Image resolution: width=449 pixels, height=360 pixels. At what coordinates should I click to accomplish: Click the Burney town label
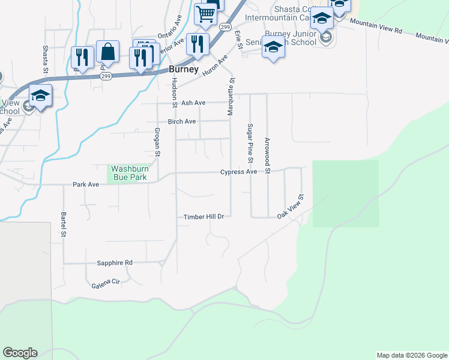point(183,69)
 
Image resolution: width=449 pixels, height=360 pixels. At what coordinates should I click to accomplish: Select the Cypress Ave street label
point(238,172)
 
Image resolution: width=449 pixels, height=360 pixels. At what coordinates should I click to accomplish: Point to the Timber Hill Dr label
point(203,217)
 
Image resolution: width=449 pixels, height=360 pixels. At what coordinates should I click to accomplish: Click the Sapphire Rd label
point(114,263)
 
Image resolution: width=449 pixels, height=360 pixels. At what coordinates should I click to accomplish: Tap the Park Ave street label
point(85,185)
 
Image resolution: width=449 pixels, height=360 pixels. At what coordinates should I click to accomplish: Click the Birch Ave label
point(182,121)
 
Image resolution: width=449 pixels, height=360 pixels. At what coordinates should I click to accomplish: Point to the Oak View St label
point(291,205)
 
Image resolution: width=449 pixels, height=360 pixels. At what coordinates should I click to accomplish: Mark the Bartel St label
point(63,224)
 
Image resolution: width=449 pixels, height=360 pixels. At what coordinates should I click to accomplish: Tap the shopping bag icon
point(108,52)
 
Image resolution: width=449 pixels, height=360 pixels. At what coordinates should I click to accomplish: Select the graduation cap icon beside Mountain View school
point(40,95)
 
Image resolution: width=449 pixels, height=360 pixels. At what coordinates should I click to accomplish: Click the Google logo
point(20,353)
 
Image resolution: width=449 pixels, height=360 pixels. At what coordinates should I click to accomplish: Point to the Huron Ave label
point(215,65)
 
